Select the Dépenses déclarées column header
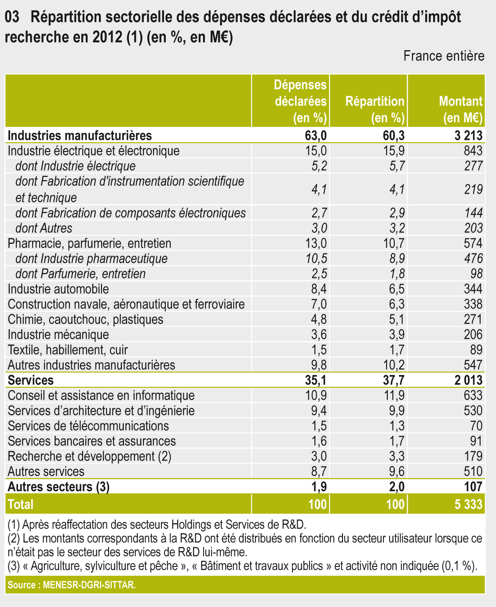click(x=301, y=101)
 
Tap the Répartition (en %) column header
click(x=375, y=109)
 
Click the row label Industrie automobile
click(x=58, y=289)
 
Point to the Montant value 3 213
click(x=469, y=135)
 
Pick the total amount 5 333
click(x=469, y=504)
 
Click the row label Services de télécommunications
click(x=88, y=426)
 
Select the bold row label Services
click(x=31, y=380)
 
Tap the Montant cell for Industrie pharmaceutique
click(x=473, y=258)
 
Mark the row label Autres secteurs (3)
click(x=58, y=486)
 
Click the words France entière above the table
click(x=444, y=56)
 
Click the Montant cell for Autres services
click(x=473, y=471)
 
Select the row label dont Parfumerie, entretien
click(x=80, y=274)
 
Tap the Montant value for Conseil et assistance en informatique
click(x=473, y=395)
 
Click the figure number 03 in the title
click(x=12, y=17)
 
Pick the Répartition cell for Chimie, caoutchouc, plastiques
click(x=394, y=319)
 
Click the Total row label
click(x=21, y=504)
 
